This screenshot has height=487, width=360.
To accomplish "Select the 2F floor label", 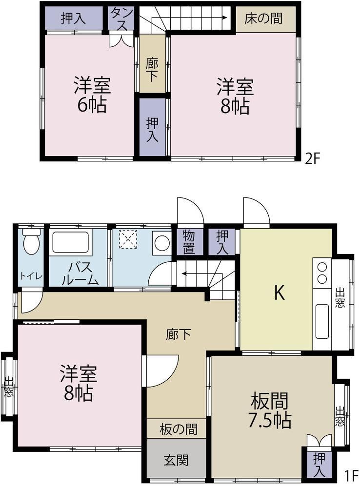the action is tap(312, 159).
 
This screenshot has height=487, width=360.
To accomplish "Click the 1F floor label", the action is tap(350, 475).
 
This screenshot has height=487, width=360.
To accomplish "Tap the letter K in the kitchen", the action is tap(279, 292).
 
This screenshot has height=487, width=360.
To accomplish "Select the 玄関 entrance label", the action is tap(176, 460).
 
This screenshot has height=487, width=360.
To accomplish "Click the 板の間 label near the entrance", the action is tap(178, 429).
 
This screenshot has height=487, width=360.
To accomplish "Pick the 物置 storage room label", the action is tap(189, 242).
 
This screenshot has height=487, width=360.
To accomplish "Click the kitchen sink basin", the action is tap(322, 321).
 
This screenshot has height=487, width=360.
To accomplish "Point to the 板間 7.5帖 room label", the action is tap(270, 410).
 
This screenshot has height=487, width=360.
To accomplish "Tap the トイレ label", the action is tap(31, 275).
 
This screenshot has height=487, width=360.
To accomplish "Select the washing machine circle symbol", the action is tap(161, 242).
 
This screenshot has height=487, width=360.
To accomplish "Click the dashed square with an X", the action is tap(128, 239).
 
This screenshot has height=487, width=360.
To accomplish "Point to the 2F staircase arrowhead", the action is tap(224, 18).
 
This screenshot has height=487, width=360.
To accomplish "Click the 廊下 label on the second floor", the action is tap(152, 70).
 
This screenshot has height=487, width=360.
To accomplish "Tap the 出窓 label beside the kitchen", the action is tap(340, 298).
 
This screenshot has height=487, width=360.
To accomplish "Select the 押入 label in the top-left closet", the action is tap(73, 19).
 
